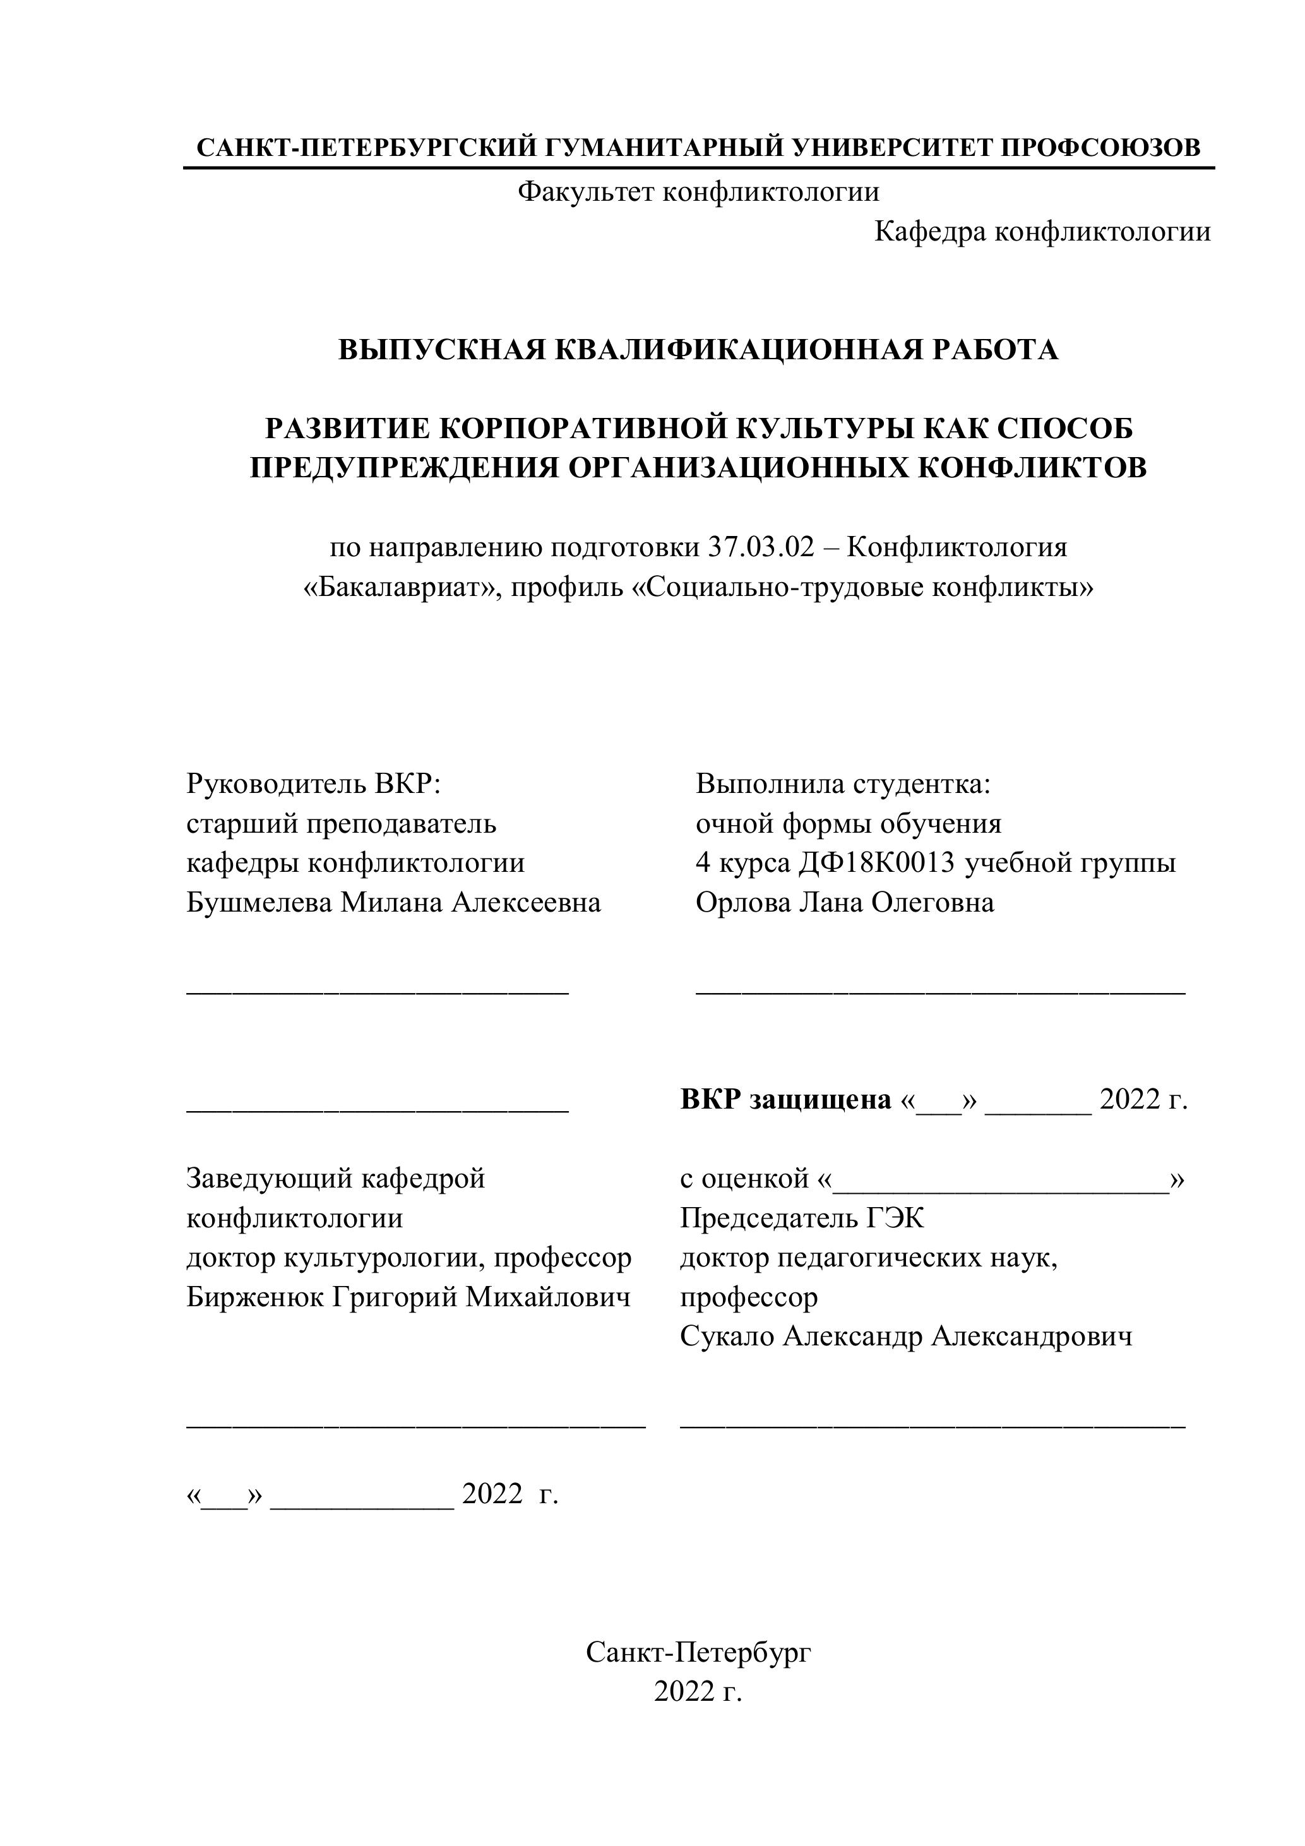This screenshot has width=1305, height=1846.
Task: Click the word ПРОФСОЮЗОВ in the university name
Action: click(x=1100, y=148)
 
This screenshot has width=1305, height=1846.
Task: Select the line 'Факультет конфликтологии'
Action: click(x=698, y=192)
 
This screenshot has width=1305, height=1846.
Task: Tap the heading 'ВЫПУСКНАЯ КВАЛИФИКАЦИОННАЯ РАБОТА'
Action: click(x=698, y=350)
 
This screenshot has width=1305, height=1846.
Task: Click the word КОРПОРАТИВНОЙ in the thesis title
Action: click(x=585, y=429)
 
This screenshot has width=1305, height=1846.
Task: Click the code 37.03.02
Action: click(x=761, y=547)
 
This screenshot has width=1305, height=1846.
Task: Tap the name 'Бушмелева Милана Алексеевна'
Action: click(x=393, y=902)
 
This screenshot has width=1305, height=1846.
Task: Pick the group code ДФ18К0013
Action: click(x=876, y=862)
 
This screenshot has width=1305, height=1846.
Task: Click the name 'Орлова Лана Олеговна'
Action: click(x=844, y=902)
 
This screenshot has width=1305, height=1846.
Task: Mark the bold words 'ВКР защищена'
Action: click(x=785, y=1099)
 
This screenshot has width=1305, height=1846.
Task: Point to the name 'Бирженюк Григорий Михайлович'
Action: click(x=408, y=1297)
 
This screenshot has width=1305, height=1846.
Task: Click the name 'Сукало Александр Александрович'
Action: click(x=905, y=1337)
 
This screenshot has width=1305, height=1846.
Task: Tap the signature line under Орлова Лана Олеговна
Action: click(x=940, y=994)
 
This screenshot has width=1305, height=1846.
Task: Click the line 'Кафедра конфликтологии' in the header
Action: click(x=1042, y=232)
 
